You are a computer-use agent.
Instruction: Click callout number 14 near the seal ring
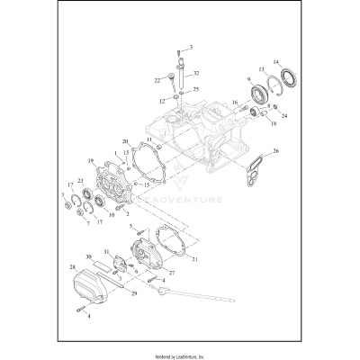coord(277,61)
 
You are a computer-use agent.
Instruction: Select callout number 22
coord(157,79)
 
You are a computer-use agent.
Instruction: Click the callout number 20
coord(125,141)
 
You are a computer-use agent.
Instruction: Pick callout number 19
coord(91,161)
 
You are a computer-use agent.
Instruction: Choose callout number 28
coord(71,267)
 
